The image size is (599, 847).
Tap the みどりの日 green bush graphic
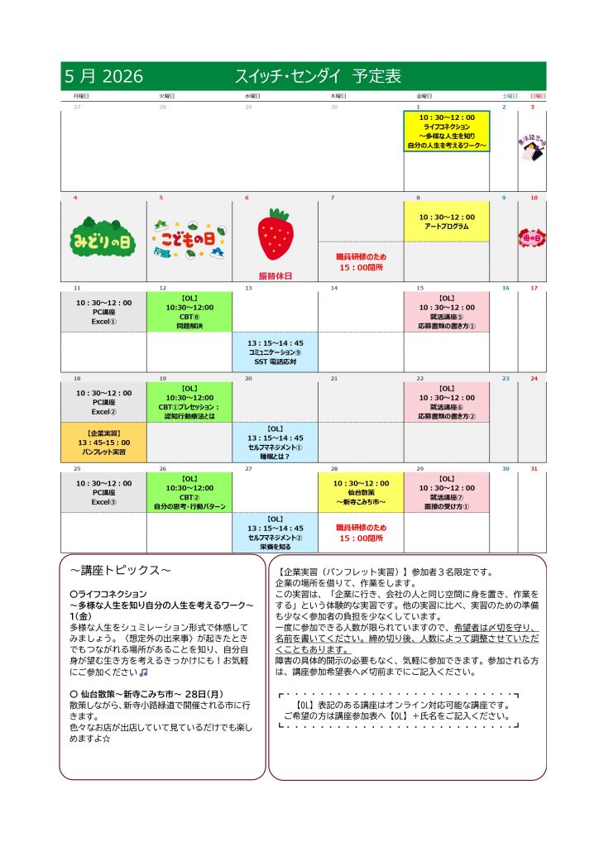(103, 236)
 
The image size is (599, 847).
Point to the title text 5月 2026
(104, 76)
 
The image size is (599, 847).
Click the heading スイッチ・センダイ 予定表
(319, 76)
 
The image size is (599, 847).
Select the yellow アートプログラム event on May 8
(447, 222)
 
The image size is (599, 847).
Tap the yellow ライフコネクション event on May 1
(447, 132)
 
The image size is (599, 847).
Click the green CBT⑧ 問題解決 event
(189, 311)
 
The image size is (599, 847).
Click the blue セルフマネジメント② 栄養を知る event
(275, 533)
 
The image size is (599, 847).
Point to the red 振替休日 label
(275, 275)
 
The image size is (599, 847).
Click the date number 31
(534, 469)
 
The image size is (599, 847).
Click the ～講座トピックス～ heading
(120, 571)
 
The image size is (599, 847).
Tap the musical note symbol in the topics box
(143, 650)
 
